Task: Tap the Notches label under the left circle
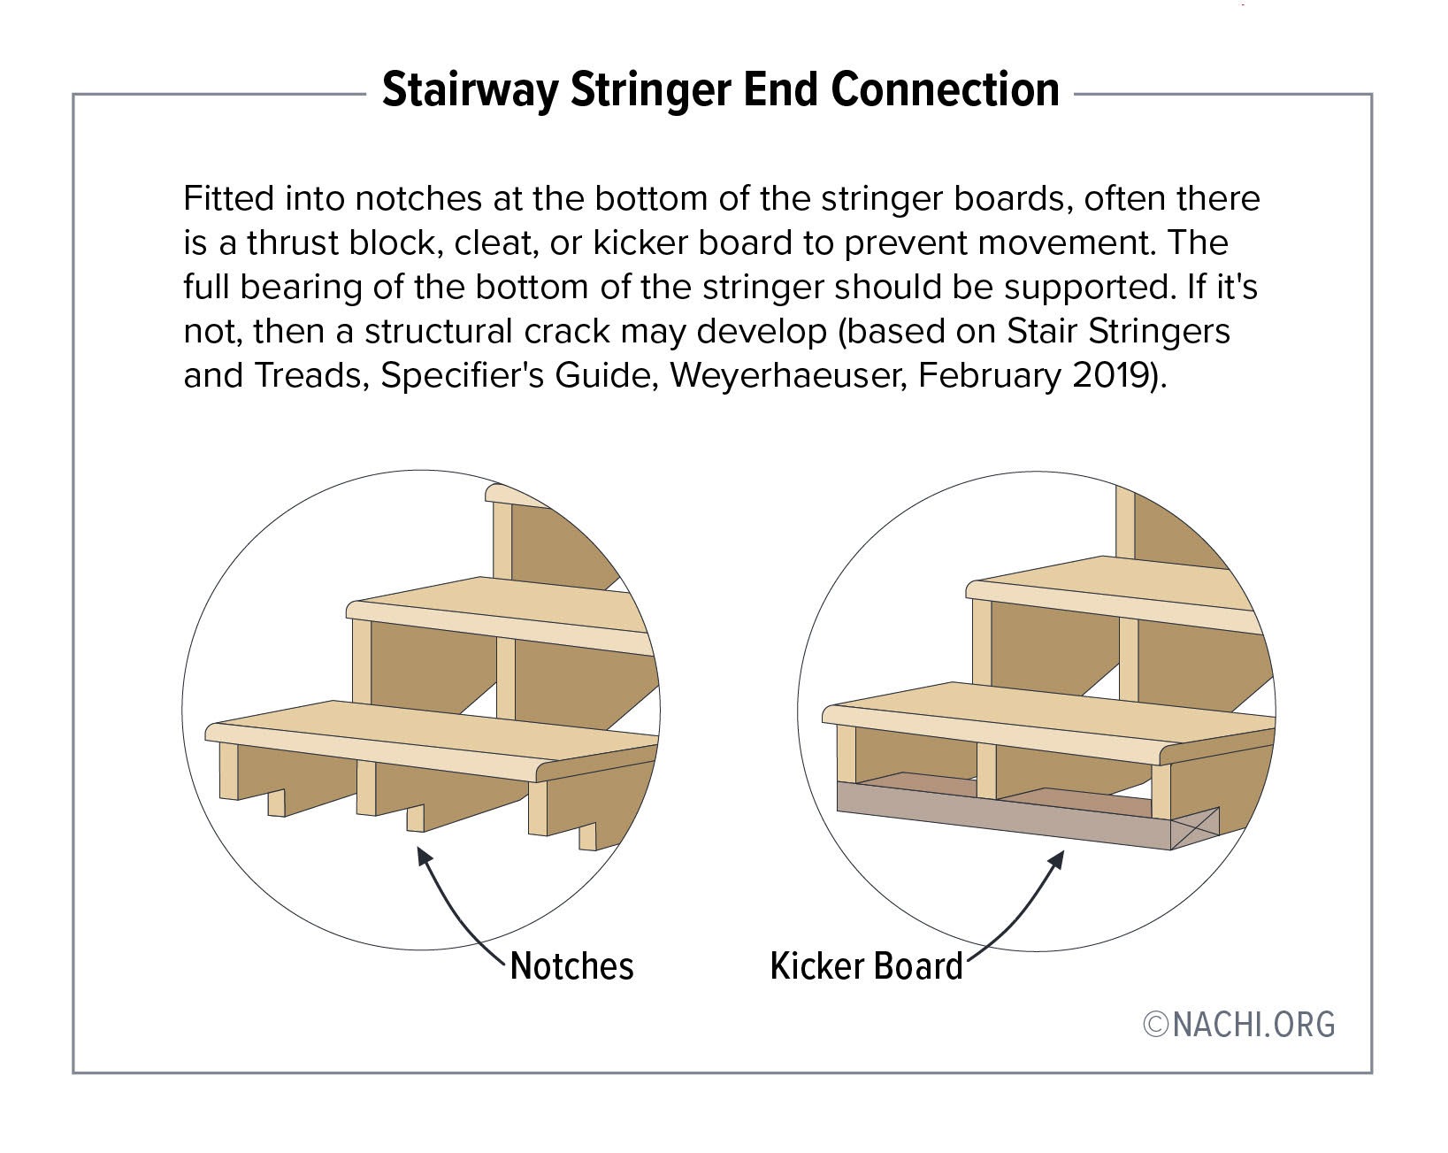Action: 571,966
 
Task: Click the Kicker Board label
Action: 866,966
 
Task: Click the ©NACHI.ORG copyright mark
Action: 1239,1024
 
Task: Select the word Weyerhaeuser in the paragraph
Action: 790,376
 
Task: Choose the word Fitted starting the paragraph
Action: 228,198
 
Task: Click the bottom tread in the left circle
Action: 425,730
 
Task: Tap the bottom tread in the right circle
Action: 1044,712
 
